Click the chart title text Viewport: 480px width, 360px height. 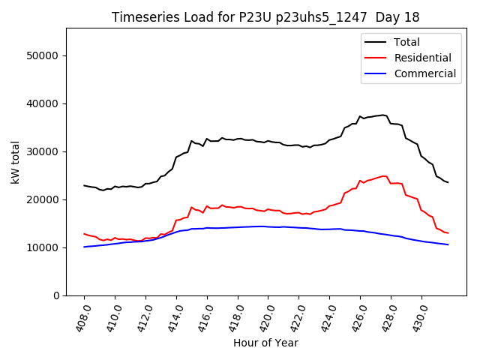point(265,16)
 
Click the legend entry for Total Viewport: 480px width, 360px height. point(407,42)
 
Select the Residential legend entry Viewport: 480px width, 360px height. point(423,58)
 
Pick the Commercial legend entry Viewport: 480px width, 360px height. point(425,73)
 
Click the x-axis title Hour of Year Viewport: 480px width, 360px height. point(265,343)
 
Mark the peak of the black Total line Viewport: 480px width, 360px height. point(383,115)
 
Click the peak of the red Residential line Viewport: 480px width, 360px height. point(383,176)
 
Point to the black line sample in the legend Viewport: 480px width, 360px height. point(376,42)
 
